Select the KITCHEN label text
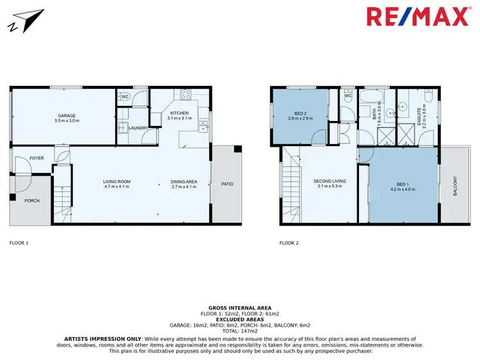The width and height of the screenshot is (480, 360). tap(179, 113)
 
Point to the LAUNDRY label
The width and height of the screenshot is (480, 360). tap(138, 128)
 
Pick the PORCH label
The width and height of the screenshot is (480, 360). tap(31, 200)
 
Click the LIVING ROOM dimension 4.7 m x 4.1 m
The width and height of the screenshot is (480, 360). tap(116, 187)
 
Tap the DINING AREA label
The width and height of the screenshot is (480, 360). tap(184, 182)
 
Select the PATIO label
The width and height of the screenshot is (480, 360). tap(227, 184)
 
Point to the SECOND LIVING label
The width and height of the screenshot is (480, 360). tap(330, 181)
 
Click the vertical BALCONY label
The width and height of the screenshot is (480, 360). tap(456, 187)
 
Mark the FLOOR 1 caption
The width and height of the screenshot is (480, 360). tap(19, 243)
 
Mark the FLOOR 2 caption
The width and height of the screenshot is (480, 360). tap(289, 243)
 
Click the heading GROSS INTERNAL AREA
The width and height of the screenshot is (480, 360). tap(239, 307)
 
